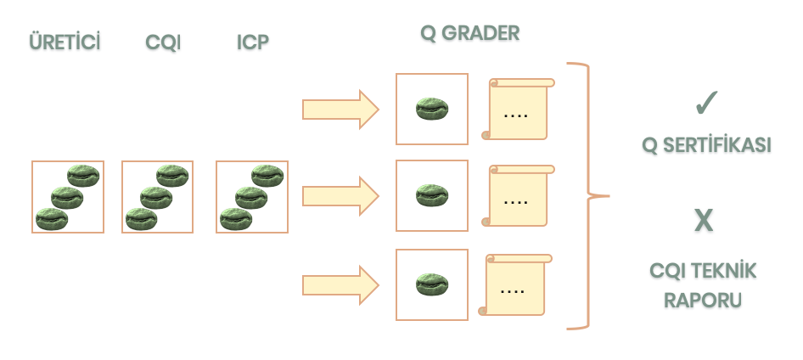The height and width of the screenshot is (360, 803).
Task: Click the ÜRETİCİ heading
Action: (x=65, y=42)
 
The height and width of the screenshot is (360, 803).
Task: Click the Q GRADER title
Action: (x=469, y=33)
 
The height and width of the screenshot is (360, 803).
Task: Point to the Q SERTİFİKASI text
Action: (x=706, y=146)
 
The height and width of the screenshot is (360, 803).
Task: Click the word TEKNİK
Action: (x=725, y=271)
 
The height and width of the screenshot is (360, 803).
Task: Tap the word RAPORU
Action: (x=703, y=301)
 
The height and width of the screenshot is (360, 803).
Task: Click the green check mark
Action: (x=707, y=103)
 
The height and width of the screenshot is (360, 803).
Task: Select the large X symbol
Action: (x=704, y=221)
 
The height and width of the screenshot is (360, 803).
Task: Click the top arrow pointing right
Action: (x=340, y=109)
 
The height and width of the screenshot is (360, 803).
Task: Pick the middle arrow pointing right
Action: (x=340, y=195)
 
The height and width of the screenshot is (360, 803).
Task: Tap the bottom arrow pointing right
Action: (x=340, y=285)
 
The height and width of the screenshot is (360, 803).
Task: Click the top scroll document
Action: (x=518, y=109)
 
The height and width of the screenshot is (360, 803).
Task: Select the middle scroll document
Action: (x=518, y=195)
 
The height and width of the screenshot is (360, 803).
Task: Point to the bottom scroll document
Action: (x=514, y=284)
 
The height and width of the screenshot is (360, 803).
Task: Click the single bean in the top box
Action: (x=432, y=109)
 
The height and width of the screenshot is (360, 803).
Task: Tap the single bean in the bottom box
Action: (x=432, y=284)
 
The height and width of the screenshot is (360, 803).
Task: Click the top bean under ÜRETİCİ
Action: (x=83, y=176)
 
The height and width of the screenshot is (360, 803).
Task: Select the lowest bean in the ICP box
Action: (x=236, y=219)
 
